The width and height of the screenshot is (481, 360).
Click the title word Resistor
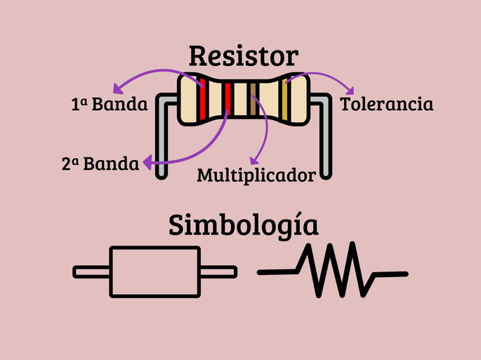click(x=243, y=56)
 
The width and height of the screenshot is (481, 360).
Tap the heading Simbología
click(x=243, y=227)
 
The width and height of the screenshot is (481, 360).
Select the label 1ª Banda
click(x=109, y=105)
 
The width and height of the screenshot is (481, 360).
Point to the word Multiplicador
click(x=256, y=175)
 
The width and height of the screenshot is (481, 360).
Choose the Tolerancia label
click(x=386, y=105)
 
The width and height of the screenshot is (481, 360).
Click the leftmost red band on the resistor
click(x=203, y=100)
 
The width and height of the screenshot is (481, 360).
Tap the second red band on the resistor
click(x=228, y=100)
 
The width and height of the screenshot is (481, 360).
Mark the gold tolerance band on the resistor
click(x=284, y=100)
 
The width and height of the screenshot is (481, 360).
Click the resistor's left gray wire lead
click(x=162, y=140)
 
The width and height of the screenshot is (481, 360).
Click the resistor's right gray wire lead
click(x=325, y=140)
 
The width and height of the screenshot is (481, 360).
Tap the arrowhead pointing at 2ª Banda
click(x=147, y=164)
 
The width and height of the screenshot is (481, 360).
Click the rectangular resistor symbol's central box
click(x=156, y=272)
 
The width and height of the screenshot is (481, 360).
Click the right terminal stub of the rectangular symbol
click(x=218, y=272)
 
